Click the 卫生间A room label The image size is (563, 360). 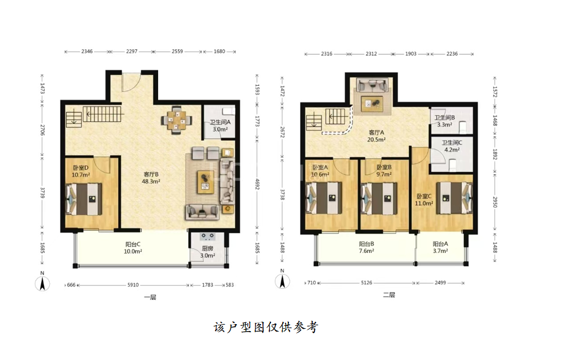coord(220,122)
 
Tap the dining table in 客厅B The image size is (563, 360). coord(176,120)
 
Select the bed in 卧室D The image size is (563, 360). coord(84,199)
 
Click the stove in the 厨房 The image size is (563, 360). coord(207,237)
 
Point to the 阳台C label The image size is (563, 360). coord(133,244)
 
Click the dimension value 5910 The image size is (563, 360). coord(133,285)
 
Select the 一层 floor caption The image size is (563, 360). coord(150,297)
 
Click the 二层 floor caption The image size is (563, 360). coord(389,295)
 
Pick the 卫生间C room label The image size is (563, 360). coord(452,142)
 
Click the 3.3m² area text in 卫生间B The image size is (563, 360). coord(444,124)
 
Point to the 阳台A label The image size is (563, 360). coord(440,244)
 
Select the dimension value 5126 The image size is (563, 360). coord(367,283)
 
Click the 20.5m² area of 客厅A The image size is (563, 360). coord(376,139)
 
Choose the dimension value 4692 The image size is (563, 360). coord(257,184)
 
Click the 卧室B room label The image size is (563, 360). coord(384,167)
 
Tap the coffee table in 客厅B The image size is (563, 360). coord(206,182)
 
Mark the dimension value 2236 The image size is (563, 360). coord(452,54)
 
